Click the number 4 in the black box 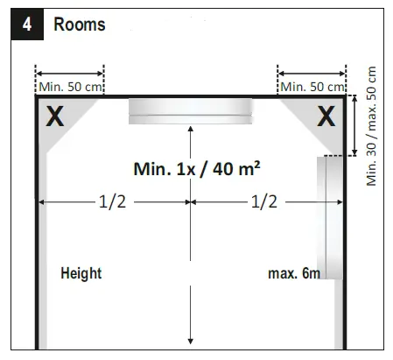click(x=27, y=25)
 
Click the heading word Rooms click(x=80, y=25)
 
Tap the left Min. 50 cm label click(x=70, y=87)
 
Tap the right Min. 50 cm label click(x=312, y=87)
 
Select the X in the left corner click(x=54, y=116)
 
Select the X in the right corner click(x=326, y=116)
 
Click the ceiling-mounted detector click(x=190, y=111)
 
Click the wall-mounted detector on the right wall click(x=330, y=218)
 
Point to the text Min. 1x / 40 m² click(x=197, y=169)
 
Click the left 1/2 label click(x=112, y=201)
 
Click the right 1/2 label click(x=264, y=201)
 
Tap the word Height click(x=81, y=273)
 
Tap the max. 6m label click(x=294, y=273)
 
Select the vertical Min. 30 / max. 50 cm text click(x=371, y=126)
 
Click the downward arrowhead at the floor click(x=191, y=341)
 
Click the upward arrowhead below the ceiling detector click(x=191, y=130)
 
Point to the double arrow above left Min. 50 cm click(x=69, y=74)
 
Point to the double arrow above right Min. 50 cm click(x=312, y=74)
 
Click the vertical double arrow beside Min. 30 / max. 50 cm click(x=354, y=125)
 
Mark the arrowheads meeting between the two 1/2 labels click(x=191, y=201)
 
